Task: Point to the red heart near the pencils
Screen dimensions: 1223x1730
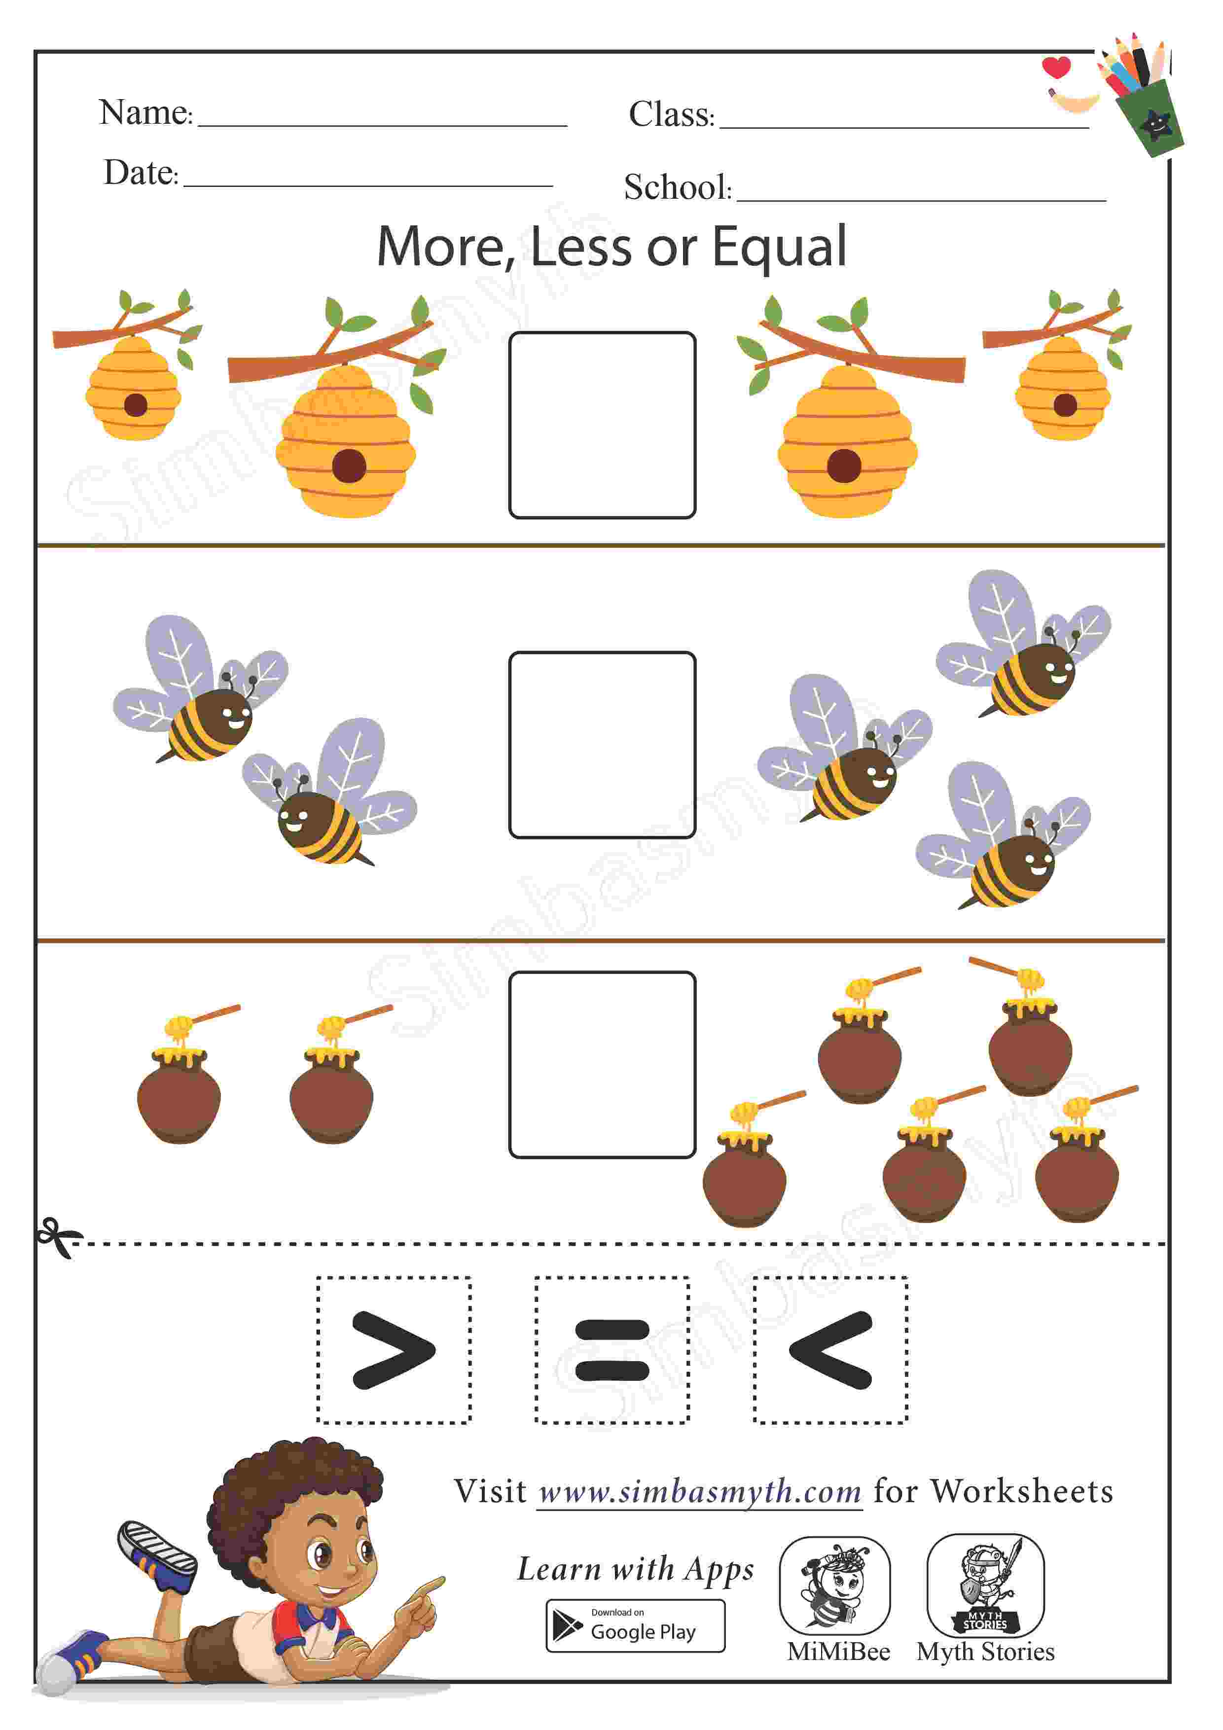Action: pyautogui.click(x=1056, y=67)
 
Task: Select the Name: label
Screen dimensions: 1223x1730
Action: pyautogui.click(x=146, y=112)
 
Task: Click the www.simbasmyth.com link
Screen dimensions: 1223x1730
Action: pyautogui.click(x=700, y=1492)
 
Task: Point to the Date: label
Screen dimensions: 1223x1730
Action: pyautogui.click(x=141, y=173)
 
